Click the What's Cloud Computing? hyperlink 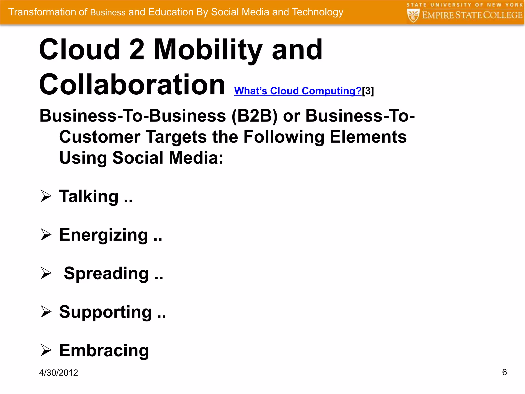tap(298, 91)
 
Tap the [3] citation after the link tap(368, 91)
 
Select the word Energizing tap(104, 235)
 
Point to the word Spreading tap(106, 273)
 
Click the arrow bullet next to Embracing tap(46, 350)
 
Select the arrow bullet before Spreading tap(46, 273)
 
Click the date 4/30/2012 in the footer tap(58, 373)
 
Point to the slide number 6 tap(504, 372)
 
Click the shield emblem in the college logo tap(413, 15)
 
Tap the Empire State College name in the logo tap(472, 15)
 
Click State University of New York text tap(465, 5)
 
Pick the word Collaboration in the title tap(132, 85)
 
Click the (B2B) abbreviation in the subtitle tap(254, 116)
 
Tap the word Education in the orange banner tap(170, 12)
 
